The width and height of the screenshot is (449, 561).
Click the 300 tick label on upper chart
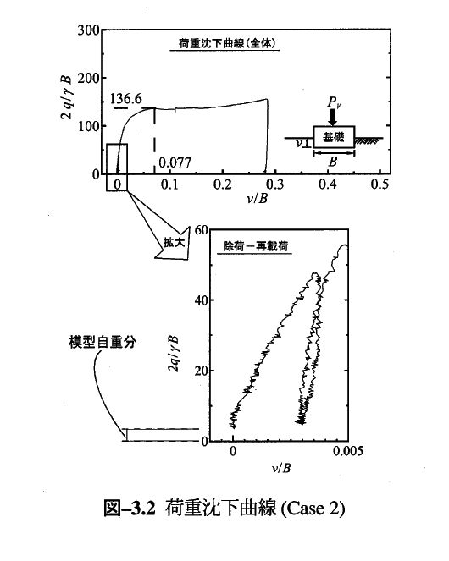[x=88, y=30]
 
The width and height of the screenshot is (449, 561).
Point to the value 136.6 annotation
[x=125, y=99]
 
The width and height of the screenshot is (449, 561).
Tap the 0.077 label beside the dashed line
[x=175, y=162]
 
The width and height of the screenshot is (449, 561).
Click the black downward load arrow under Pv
[x=333, y=117]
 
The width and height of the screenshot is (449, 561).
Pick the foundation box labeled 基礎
[x=334, y=137]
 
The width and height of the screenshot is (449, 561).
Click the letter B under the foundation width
[x=333, y=162]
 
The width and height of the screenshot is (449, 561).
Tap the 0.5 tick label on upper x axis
[x=380, y=184]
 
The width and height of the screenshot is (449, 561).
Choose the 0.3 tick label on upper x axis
[x=274, y=184]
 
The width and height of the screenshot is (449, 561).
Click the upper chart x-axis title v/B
[x=258, y=198]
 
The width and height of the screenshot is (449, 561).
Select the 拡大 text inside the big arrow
[x=174, y=242]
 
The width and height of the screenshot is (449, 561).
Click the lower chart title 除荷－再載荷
[x=256, y=246]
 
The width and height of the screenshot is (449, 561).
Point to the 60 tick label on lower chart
[x=201, y=230]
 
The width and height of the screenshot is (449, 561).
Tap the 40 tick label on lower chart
[x=201, y=300]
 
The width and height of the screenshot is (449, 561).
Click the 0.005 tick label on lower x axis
[x=348, y=451]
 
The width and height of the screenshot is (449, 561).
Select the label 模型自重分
[x=103, y=343]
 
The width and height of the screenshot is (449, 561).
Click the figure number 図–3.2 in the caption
[x=130, y=508]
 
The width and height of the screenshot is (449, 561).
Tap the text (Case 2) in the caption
[x=313, y=508]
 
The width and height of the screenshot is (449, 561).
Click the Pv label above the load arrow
[x=334, y=102]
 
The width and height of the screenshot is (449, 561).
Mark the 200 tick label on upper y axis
[x=88, y=79]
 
